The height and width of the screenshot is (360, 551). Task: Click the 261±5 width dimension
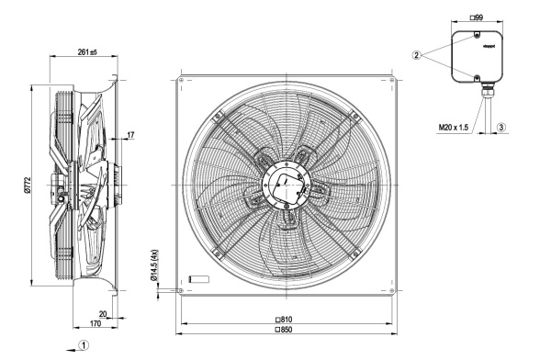pos(87,52)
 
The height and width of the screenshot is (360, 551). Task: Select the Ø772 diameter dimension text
pos(28,185)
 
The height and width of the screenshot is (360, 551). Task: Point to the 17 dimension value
pos(130,135)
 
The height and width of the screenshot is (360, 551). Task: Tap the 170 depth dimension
pos(96,323)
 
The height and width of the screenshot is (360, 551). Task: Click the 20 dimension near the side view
pos(103,313)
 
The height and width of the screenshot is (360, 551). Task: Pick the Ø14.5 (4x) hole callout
pos(154,265)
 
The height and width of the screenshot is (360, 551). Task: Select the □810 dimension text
pos(284,320)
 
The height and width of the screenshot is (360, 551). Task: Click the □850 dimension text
pos(284,330)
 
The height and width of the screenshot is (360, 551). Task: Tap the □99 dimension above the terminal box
pos(477,17)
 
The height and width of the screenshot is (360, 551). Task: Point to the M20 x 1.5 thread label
pos(454,128)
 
